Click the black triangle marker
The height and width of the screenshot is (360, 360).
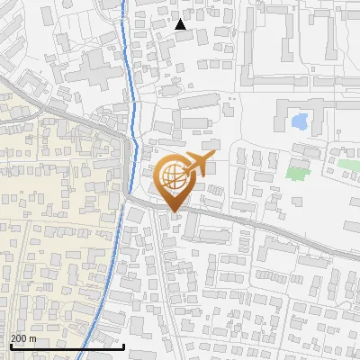coord(180,24)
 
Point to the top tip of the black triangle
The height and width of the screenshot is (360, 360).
coord(180,19)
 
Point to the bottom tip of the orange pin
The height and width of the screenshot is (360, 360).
coord(173,213)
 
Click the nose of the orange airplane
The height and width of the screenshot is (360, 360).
coord(212,157)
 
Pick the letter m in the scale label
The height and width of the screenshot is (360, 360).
coord(33,338)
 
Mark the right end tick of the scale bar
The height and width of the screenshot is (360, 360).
coord(123,345)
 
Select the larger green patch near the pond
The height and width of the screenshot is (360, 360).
coord(298,167)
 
